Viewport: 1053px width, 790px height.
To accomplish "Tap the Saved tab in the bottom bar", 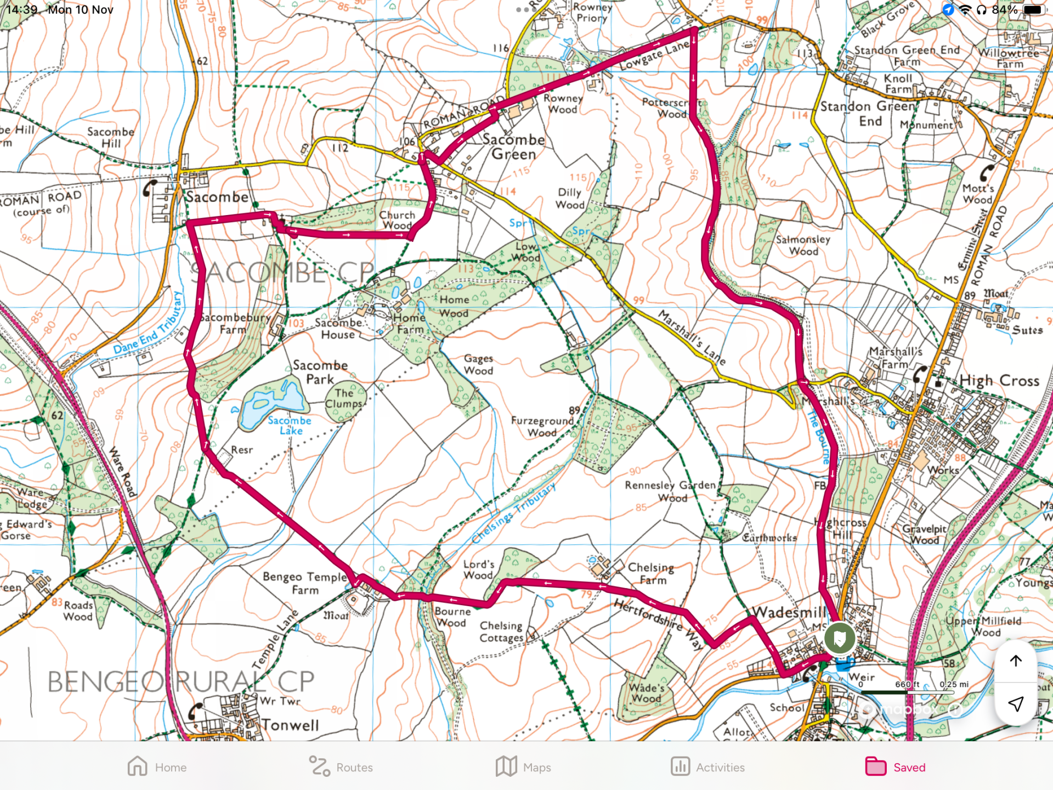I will [895, 767].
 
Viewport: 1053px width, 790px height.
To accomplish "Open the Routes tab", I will [341, 767].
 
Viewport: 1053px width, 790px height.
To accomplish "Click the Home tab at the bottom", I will [157, 767].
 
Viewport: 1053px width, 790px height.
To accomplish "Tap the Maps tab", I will [523, 767].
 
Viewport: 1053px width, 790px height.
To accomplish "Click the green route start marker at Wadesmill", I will [839, 638].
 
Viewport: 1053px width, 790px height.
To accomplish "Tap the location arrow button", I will [1016, 704].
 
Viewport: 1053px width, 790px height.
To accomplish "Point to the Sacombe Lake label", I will [290, 426].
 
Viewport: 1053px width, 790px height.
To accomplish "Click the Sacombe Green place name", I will [513, 147].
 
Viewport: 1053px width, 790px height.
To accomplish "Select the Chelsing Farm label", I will [651, 573].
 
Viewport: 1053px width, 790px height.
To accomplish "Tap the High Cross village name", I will [999, 380].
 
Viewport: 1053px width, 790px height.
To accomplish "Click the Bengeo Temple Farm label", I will [305, 583].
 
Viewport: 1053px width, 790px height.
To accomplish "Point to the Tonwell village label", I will [290, 725].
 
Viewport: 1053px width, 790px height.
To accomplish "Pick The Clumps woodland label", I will [344, 398].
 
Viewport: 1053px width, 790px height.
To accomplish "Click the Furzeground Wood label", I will [542, 426].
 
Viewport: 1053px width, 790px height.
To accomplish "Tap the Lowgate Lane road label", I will [654, 55].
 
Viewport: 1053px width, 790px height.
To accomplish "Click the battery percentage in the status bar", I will [1005, 10].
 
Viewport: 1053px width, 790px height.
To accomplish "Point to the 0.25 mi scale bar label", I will [954, 684].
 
